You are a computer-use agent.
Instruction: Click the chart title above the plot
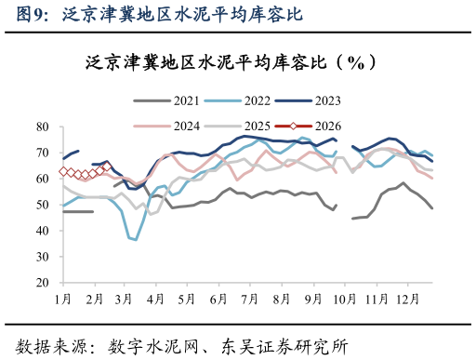[x=231, y=62]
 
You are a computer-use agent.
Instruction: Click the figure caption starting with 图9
[x=152, y=15]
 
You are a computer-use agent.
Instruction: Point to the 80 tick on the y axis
[x=42, y=127]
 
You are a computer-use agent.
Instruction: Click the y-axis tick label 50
[x=42, y=205]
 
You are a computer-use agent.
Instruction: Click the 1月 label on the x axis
[x=63, y=299]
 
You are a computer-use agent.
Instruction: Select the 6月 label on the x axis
[x=219, y=299]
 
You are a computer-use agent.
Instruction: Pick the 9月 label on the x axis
[x=313, y=299]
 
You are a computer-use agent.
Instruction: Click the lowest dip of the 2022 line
[x=136, y=240]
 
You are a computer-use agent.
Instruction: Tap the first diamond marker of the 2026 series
[x=63, y=171]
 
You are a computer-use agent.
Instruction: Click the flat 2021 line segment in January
[x=78, y=212]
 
